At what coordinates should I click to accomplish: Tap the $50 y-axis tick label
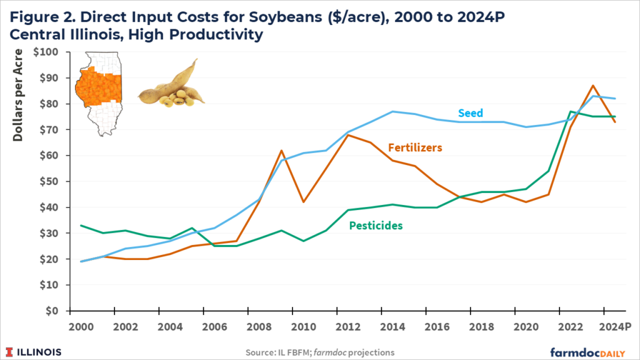[49, 182]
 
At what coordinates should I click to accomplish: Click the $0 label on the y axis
[51, 311]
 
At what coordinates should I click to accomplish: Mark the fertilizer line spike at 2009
[282, 151]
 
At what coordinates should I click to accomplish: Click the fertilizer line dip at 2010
[304, 202]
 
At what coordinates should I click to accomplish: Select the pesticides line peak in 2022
[571, 112]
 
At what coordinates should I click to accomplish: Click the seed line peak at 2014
[392, 112]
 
